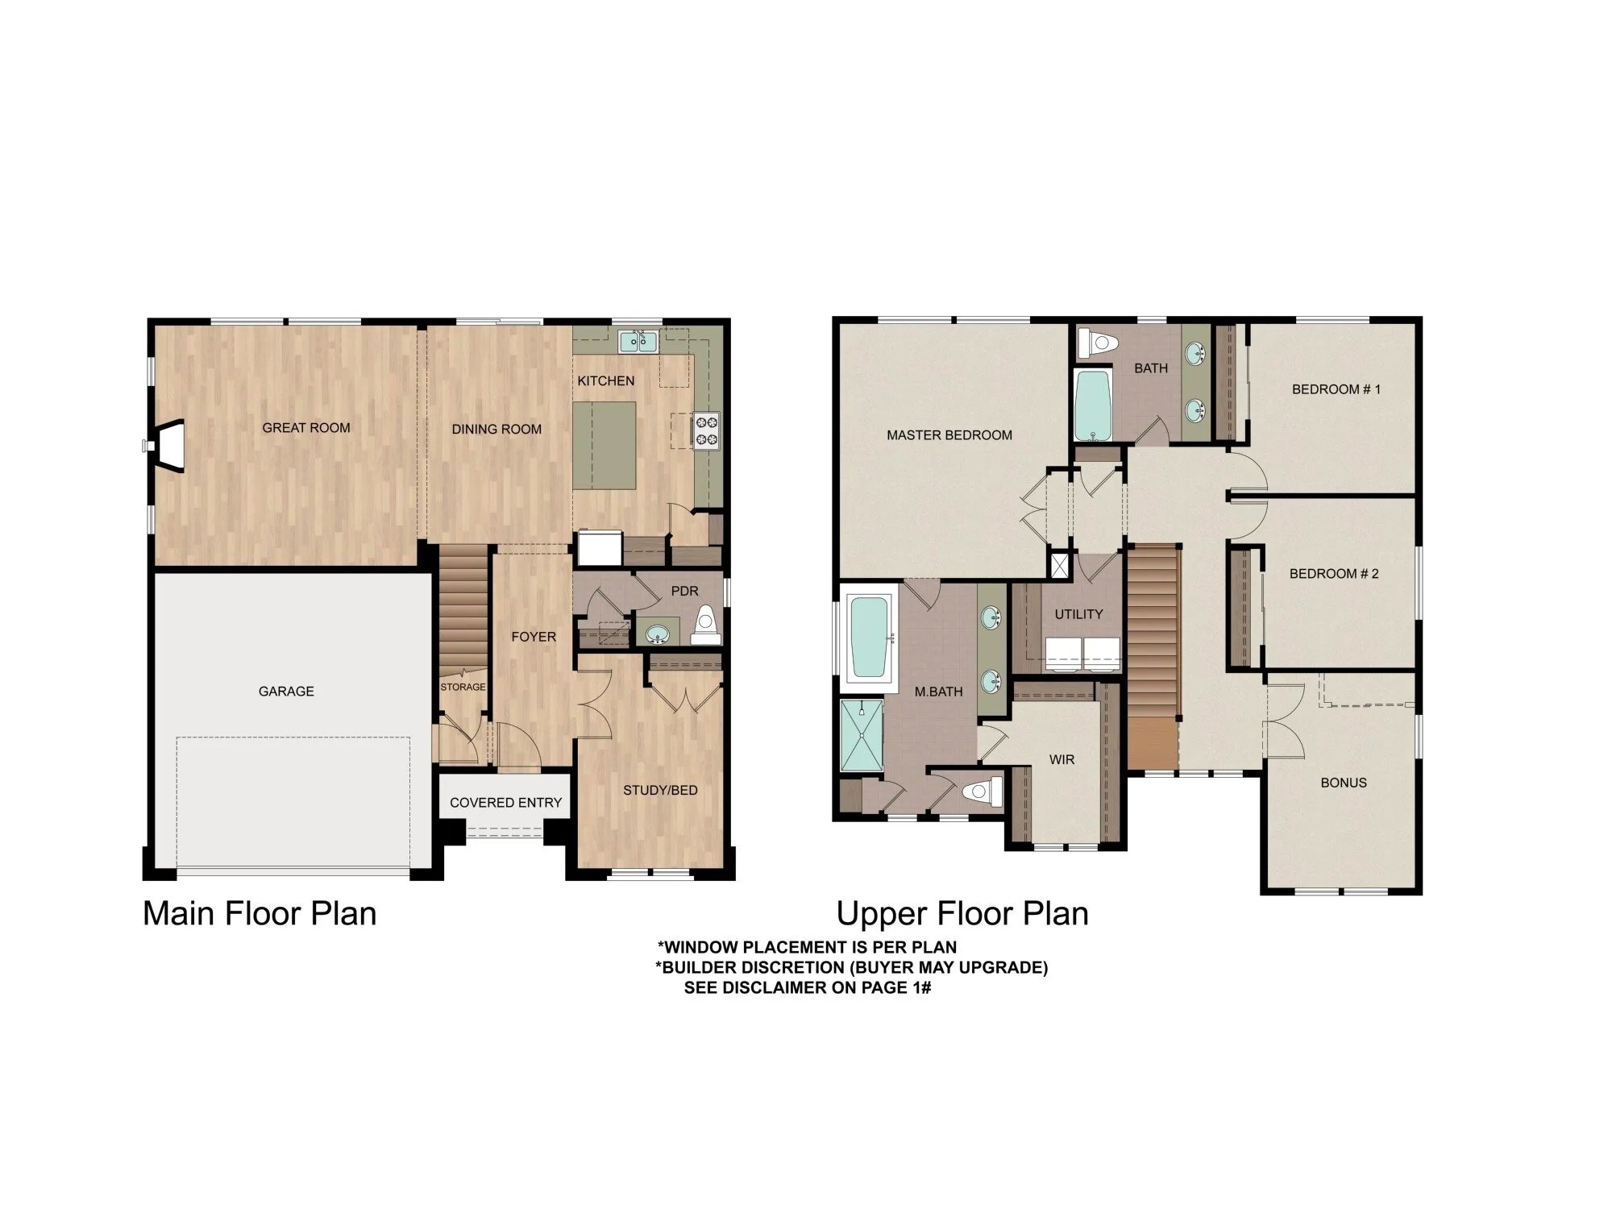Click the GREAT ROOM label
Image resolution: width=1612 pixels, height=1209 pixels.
(306, 428)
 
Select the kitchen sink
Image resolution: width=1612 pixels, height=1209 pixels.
(638, 342)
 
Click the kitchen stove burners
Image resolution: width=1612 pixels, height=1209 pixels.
(707, 430)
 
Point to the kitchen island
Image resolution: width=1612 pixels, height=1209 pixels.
(604, 445)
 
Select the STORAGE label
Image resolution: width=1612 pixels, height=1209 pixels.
(463, 688)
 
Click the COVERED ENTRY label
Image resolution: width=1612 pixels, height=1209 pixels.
(505, 803)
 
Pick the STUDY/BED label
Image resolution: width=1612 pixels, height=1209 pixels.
(660, 791)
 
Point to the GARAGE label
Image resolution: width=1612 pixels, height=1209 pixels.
(286, 692)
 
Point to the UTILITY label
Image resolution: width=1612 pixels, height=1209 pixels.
(1078, 614)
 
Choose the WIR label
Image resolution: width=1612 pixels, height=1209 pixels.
(1062, 760)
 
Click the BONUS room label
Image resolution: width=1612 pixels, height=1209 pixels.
(1344, 783)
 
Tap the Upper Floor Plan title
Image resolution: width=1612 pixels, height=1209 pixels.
(962, 914)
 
